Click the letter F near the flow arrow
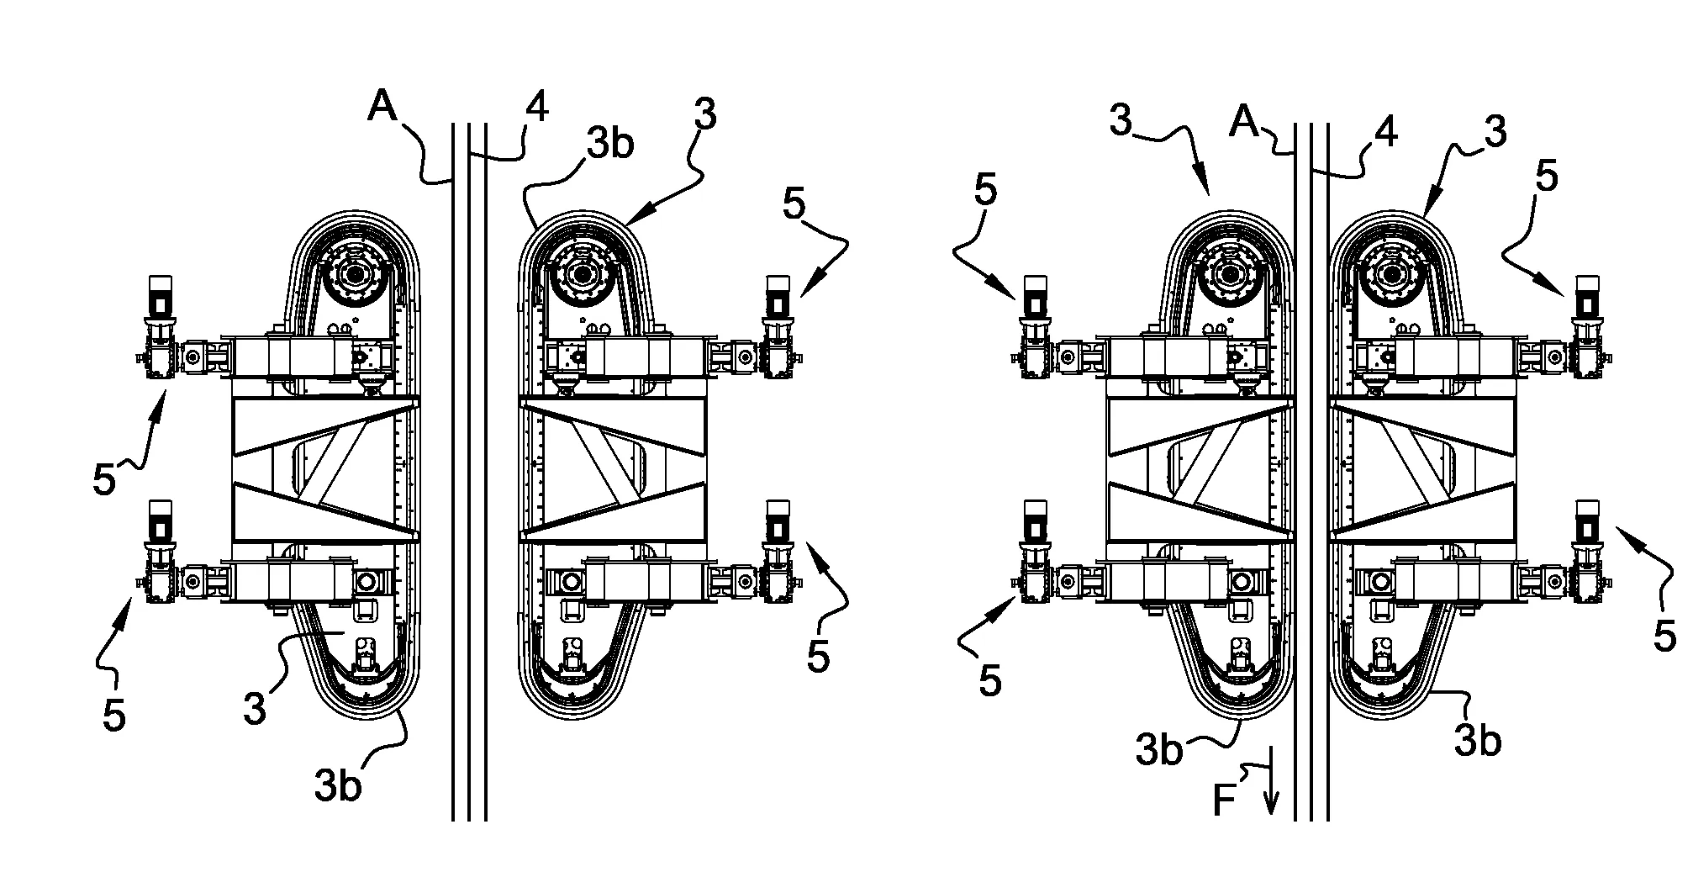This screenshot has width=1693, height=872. tap(1224, 801)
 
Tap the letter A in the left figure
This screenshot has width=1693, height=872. tap(383, 108)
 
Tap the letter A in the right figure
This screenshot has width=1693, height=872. tap(1244, 123)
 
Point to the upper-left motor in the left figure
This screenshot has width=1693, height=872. tap(160, 296)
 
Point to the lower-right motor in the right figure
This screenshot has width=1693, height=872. tap(1588, 523)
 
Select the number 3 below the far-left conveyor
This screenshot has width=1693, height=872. tap(256, 708)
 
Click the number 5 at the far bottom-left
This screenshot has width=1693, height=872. tap(113, 715)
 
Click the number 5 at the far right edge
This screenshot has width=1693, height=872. tap(1664, 637)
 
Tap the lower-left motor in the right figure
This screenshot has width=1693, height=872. tap(1034, 523)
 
